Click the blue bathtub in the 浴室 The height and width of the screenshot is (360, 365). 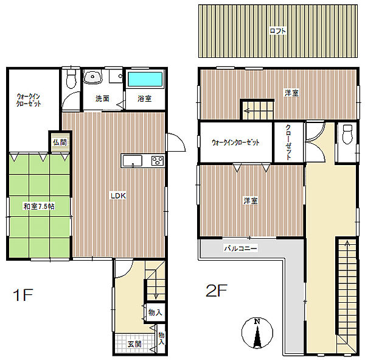pyautogui.click(x=145, y=79)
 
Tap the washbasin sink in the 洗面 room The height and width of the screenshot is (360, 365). pyautogui.click(x=93, y=77)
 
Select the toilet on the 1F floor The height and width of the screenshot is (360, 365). pyautogui.click(x=71, y=78)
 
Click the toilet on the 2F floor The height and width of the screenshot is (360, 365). pyautogui.click(x=348, y=134)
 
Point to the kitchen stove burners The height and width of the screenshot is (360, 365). pyautogui.click(x=158, y=161)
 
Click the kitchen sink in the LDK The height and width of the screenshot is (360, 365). pyautogui.click(x=133, y=161)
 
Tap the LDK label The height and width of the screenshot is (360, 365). pyautogui.click(x=118, y=196)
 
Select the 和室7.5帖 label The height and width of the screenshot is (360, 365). pyautogui.click(x=39, y=206)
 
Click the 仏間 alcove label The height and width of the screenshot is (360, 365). pyautogui.click(x=60, y=142)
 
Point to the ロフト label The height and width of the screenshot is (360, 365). pyautogui.click(x=277, y=31)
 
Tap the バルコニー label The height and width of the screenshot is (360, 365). pyautogui.click(x=240, y=248)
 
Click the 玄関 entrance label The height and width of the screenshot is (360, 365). pyautogui.click(x=134, y=344)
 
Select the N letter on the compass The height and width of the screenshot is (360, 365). pyautogui.click(x=257, y=322)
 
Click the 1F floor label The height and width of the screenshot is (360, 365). pyautogui.click(x=23, y=295)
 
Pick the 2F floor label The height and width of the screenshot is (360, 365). pyautogui.click(x=217, y=291)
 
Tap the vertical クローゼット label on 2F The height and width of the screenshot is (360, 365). pyautogui.click(x=288, y=142)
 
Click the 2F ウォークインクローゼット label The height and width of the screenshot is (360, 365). pyautogui.click(x=235, y=142)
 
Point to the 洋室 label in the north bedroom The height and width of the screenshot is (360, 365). pyautogui.click(x=291, y=93)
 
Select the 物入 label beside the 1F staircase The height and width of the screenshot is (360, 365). pyautogui.click(x=155, y=312)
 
